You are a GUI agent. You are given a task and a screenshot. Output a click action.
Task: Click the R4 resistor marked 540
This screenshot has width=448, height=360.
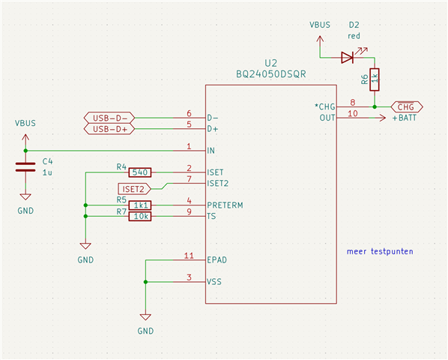click(x=140, y=172)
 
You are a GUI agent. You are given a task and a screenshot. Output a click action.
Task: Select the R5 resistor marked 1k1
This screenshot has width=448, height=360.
click(x=140, y=205)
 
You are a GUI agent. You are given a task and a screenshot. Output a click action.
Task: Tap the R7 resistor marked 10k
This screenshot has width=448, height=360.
click(x=140, y=217)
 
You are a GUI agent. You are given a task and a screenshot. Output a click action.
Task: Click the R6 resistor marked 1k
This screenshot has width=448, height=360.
click(x=375, y=79)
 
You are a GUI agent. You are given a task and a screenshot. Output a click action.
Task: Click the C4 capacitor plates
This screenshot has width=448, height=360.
click(x=25, y=167)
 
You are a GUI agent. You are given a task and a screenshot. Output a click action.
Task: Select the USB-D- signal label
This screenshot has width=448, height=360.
click(x=109, y=118)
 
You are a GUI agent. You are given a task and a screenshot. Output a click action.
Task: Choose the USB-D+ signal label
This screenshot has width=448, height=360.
click(x=109, y=129)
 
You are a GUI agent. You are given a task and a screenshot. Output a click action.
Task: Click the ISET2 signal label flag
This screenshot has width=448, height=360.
click(x=134, y=189)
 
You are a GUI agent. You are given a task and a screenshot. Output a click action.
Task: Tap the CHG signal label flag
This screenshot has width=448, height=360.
click(x=407, y=107)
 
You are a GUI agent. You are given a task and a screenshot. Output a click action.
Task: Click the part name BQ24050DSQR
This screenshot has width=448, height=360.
click(x=271, y=74)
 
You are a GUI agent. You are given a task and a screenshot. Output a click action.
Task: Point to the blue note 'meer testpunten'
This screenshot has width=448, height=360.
click(x=380, y=251)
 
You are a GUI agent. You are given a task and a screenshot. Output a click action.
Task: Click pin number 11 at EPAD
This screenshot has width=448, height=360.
click(x=189, y=255)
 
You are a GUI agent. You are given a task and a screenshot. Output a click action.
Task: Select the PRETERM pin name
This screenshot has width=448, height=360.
click(x=225, y=205)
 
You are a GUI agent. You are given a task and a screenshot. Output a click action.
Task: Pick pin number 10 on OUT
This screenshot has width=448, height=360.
click(x=353, y=113)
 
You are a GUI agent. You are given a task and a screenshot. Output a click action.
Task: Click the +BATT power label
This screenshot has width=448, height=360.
click(x=404, y=118)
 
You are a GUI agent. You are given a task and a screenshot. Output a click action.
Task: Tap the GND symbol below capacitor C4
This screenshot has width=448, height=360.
click(x=25, y=196)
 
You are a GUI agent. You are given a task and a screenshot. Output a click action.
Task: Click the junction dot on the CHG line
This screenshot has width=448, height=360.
click(x=375, y=107)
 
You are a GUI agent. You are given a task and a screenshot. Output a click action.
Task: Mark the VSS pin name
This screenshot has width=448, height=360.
click(x=214, y=282)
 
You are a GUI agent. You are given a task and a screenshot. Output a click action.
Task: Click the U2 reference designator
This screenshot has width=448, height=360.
click(x=271, y=63)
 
